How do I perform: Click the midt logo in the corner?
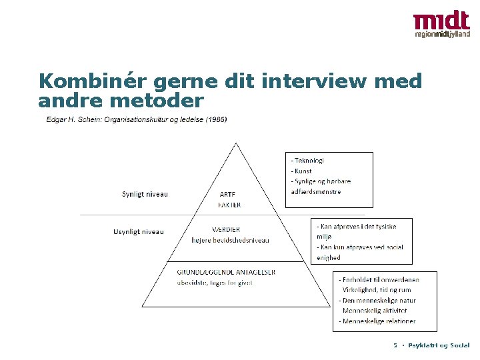click(x=441, y=25)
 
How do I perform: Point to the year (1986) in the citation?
click(x=215, y=120)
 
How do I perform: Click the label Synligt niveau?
click(x=145, y=195)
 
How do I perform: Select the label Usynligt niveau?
click(x=139, y=232)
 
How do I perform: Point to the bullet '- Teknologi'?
click(x=307, y=160)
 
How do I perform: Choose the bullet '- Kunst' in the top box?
click(x=301, y=171)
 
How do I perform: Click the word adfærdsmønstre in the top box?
click(x=316, y=192)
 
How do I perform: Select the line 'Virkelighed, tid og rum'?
click(x=377, y=290)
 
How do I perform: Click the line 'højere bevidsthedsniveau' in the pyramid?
click(x=230, y=241)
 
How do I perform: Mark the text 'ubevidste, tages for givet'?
click(x=215, y=283)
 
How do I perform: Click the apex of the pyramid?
click(x=235, y=143)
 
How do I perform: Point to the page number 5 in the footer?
click(x=395, y=345)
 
